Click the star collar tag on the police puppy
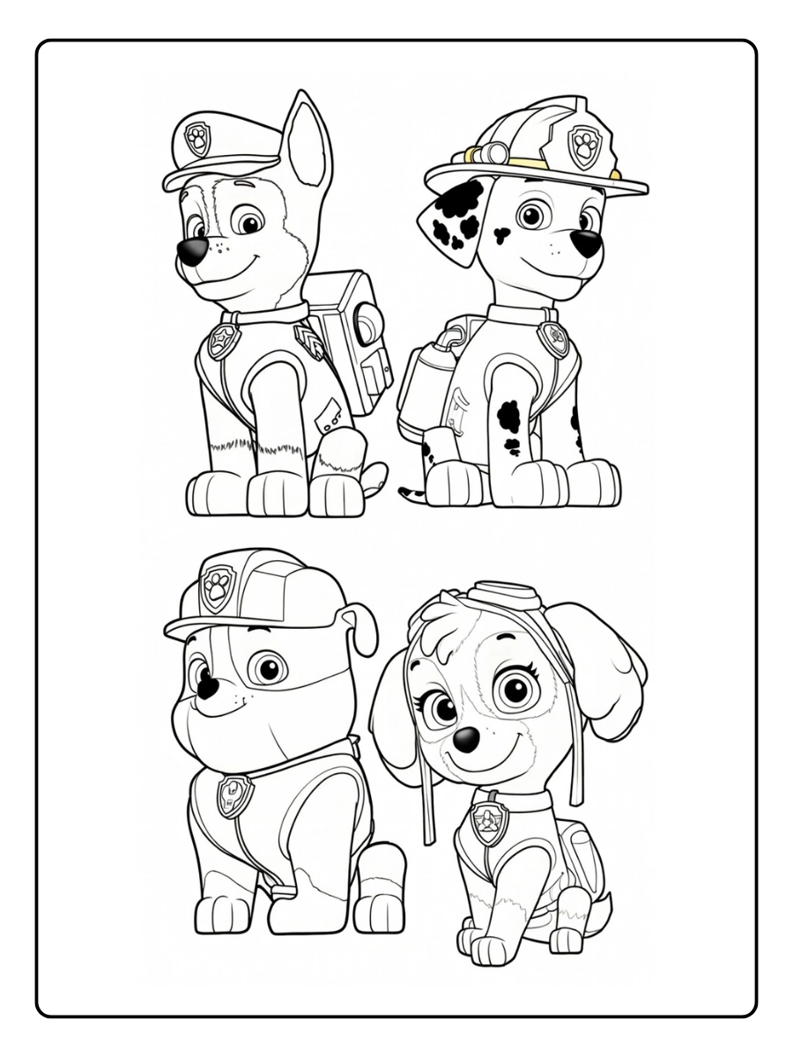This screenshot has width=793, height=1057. coord(223,341)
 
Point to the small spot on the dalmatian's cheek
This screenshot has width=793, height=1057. coord(501,234)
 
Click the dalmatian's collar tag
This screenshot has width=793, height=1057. coord(555,338)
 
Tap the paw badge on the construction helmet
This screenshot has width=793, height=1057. coord(217,588)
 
